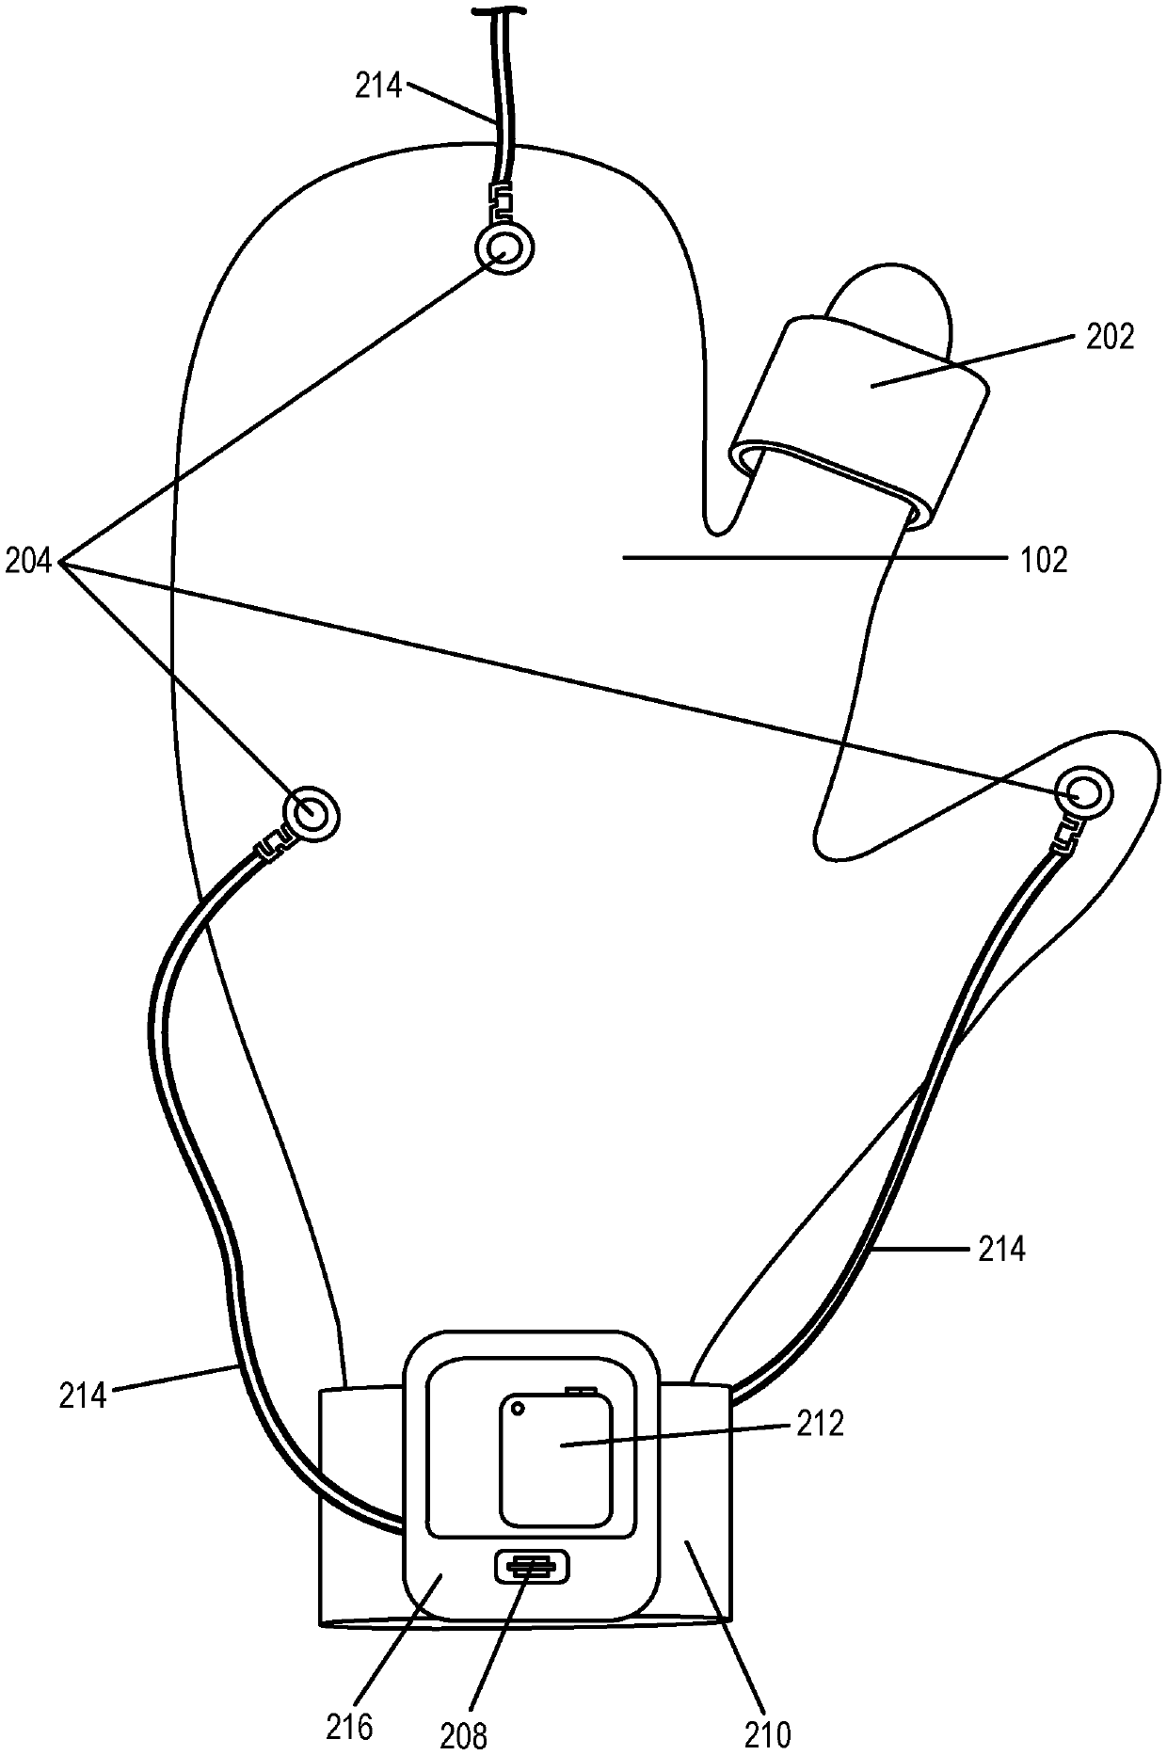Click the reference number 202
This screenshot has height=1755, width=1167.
(1111, 337)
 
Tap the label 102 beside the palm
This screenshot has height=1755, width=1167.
(1045, 560)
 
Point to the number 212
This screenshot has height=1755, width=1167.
(820, 1424)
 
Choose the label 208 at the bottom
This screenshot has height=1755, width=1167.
(465, 1733)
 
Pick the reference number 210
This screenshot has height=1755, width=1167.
(768, 1731)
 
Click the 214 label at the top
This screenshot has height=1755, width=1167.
(378, 87)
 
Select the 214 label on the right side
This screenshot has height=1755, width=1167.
(1001, 1250)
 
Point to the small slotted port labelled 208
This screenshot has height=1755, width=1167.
(532, 1567)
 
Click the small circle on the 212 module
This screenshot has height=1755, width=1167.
(517, 1410)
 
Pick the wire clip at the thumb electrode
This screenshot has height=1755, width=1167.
(1066, 832)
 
